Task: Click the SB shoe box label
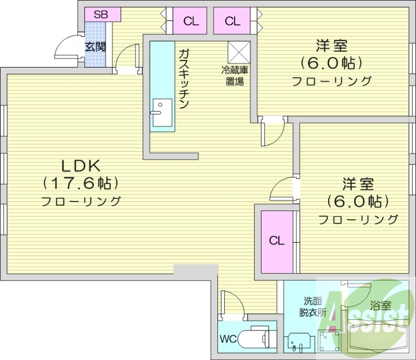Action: [101, 15]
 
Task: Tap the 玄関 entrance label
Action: [96, 47]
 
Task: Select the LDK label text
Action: [81, 166]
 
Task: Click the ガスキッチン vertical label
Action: [184, 78]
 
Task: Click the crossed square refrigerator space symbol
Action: [239, 51]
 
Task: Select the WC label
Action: [228, 339]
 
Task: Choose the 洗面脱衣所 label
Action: [313, 306]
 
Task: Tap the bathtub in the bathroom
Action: [377, 338]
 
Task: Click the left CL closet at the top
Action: [191, 21]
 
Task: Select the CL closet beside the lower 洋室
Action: [277, 241]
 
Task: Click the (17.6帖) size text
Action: [81, 183]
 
